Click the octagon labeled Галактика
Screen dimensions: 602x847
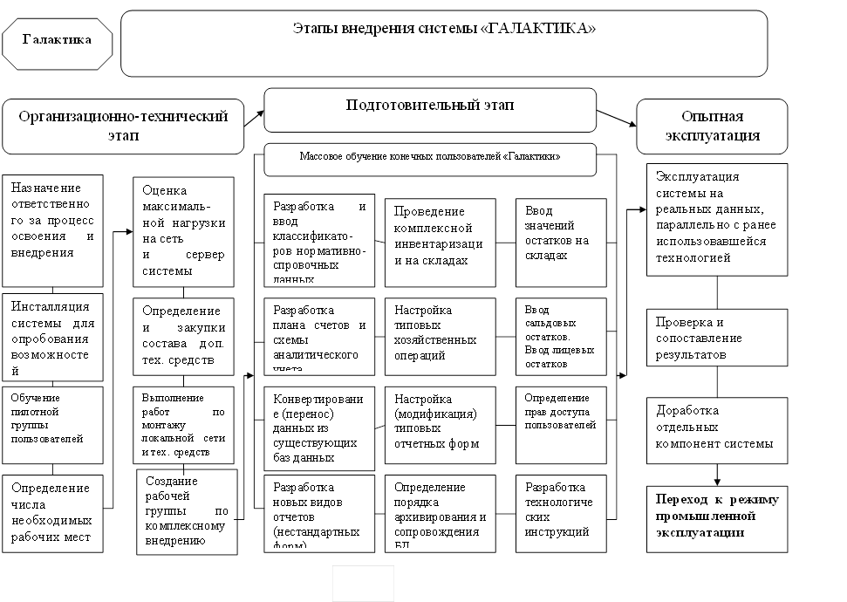(x=57, y=40)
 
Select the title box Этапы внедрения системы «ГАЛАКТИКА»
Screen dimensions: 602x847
(x=444, y=44)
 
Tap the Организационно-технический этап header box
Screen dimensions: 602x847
(x=123, y=126)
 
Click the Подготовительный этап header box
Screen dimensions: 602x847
(x=430, y=109)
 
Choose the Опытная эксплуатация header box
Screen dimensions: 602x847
(x=712, y=126)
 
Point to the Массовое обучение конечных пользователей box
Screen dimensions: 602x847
(x=430, y=158)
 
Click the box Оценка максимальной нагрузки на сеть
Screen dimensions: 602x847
(x=183, y=231)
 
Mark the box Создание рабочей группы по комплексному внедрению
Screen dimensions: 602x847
(x=187, y=511)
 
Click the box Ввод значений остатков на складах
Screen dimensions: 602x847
(x=560, y=243)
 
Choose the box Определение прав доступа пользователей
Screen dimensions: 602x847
(x=560, y=424)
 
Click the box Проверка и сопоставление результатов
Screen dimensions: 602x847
(x=717, y=338)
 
